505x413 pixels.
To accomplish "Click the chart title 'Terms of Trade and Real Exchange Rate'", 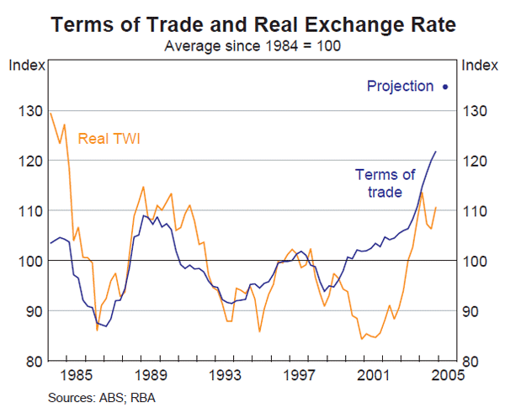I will click(x=252, y=25).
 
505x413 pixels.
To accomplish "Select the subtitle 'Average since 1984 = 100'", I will click(x=252, y=45).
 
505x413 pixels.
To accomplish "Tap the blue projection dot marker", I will click(x=444, y=86).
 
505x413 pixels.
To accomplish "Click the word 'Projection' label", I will click(x=400, y=86).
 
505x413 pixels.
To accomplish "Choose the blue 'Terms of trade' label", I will click(x=385, y=183).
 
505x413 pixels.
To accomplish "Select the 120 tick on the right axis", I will click(x=476, y=161).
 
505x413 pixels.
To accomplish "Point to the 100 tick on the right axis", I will click(x=476, y=261).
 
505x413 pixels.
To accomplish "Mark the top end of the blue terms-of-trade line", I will click(x=436, y=151).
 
